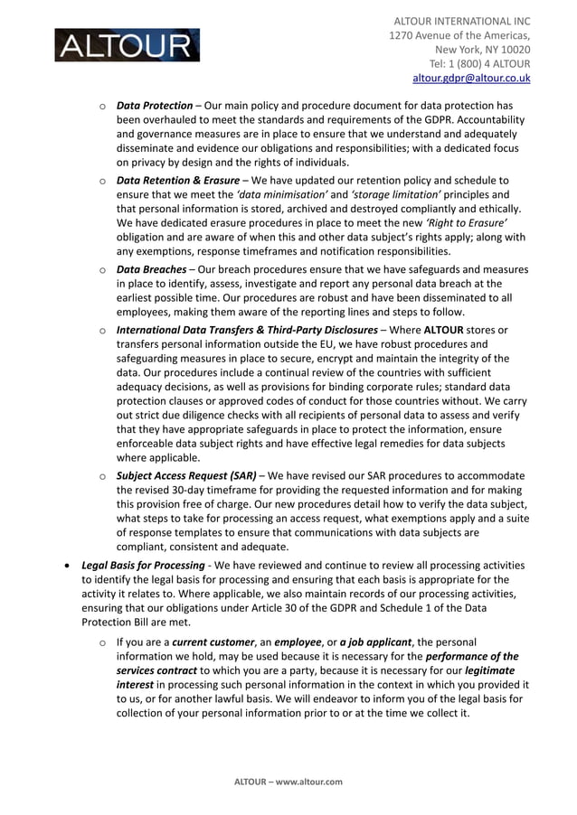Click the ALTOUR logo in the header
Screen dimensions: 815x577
click(127, 45)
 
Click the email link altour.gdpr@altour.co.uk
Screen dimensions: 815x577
click(471, 79)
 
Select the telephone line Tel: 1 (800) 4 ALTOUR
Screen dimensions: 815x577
click(479, 64)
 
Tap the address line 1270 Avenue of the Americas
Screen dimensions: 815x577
click(459, 35)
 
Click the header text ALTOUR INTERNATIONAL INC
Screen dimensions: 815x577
click(461, 21)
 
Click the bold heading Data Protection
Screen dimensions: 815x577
click(155, 106)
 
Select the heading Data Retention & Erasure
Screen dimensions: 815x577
click(177, 181)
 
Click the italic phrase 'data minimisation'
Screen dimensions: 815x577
click(280, 195)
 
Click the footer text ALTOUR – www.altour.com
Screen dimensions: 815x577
click(288, 782)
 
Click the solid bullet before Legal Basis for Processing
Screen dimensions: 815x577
click(68, 566)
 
